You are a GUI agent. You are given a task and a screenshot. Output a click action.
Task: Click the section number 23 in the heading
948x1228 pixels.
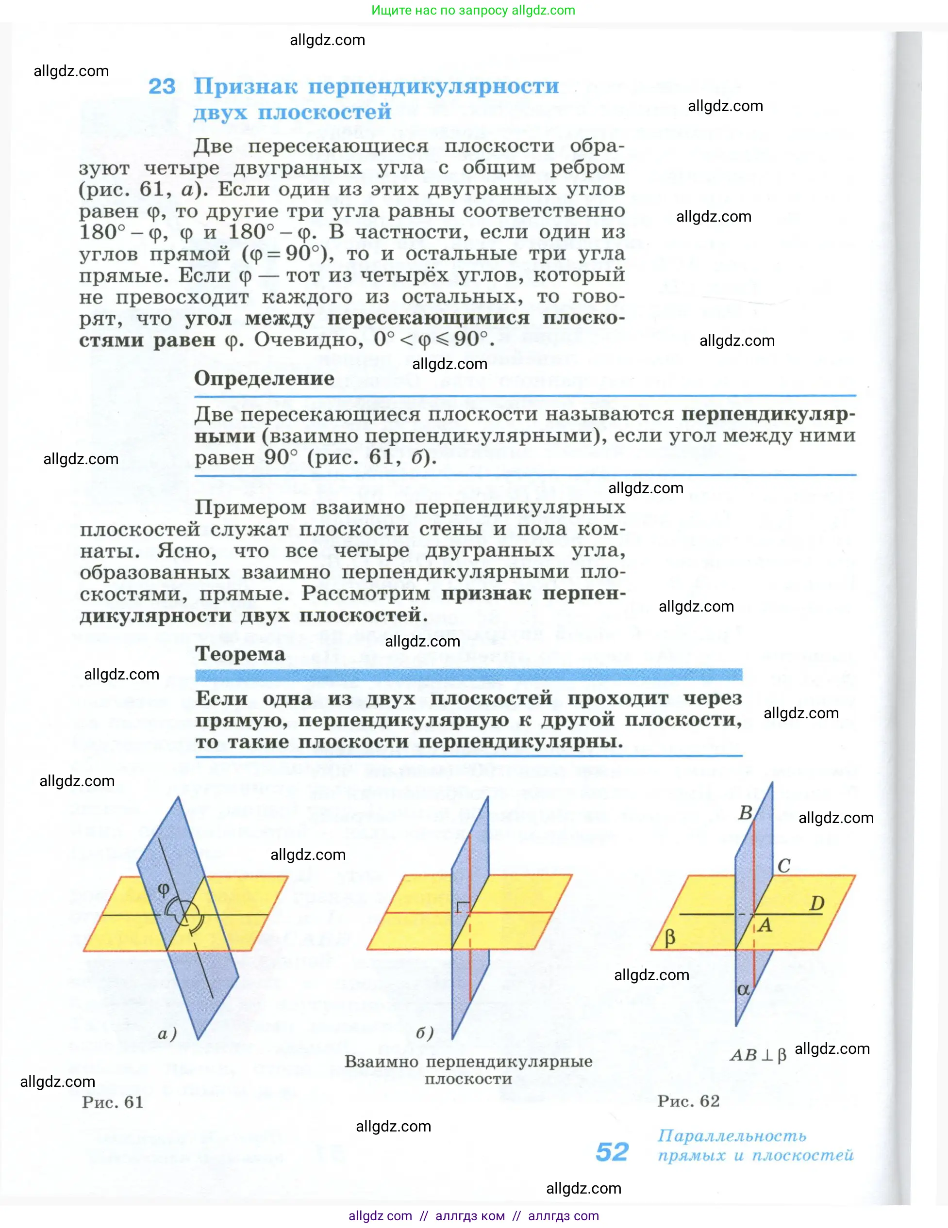point(162,87)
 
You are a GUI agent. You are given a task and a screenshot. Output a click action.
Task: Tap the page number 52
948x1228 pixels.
point(612,1152)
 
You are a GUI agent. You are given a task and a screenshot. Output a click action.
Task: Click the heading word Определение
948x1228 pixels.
point(264,378)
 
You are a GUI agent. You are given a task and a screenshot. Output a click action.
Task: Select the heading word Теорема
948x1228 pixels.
point(240,654)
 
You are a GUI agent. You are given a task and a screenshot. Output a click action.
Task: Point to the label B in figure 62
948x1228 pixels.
point(746,812)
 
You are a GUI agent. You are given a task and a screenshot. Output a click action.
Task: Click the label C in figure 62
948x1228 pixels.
point(784,866)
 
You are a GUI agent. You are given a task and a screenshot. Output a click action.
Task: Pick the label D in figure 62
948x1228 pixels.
point(816,903)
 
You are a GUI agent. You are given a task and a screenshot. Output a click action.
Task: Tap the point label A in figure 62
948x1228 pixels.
point(765,925)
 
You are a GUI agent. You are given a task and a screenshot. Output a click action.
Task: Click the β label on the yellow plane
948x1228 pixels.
point(669,937)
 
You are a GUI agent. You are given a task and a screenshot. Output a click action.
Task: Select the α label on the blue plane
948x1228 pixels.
point(743,989)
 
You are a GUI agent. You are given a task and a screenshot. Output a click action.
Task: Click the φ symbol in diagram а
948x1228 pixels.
point(163,889)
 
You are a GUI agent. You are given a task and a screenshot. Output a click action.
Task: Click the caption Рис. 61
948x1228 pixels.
point(113,1101)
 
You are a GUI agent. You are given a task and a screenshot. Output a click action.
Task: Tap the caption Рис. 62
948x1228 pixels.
point(688,1100)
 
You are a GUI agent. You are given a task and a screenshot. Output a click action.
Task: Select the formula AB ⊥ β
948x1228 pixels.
point(758,1055)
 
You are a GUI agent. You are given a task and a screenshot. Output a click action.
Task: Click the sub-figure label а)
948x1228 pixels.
point(167,1034)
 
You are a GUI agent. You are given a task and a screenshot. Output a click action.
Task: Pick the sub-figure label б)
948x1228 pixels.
point(425,1033)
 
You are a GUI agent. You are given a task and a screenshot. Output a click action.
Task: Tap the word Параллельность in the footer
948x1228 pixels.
point(732,1136)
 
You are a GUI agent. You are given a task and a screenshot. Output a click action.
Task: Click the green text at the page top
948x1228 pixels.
point(473,10)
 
